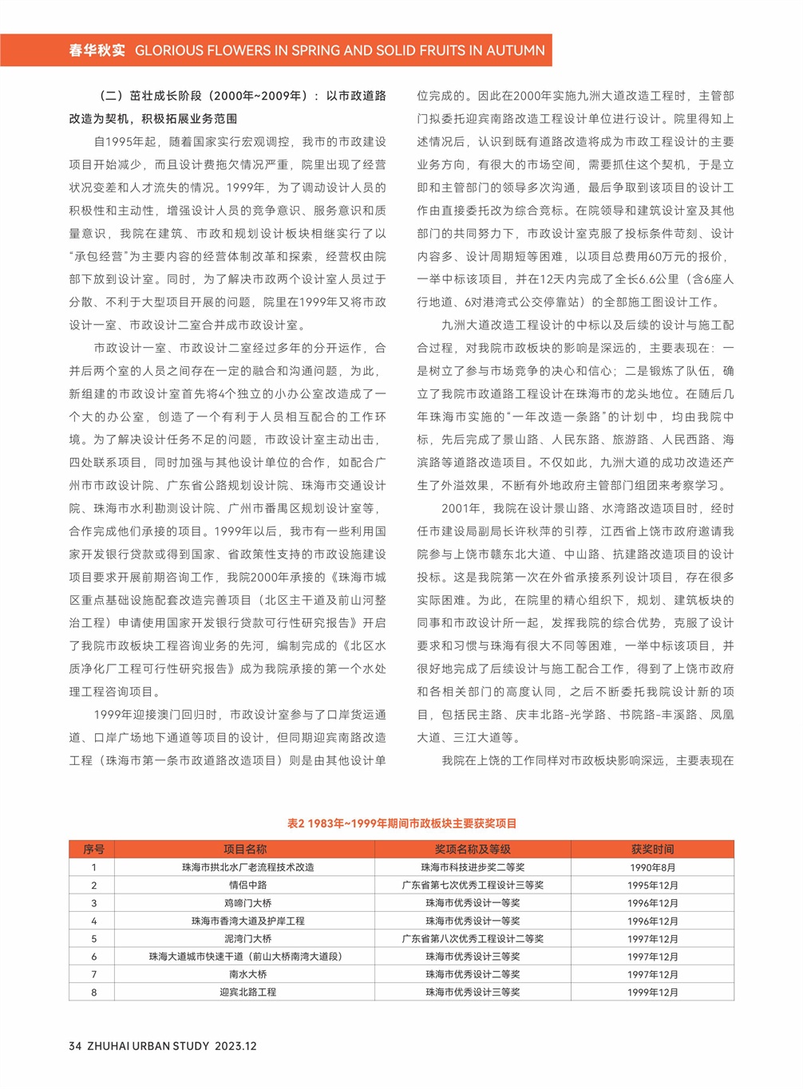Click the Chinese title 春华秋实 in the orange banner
(x=97, y=50)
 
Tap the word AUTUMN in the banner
(x=516, y=50)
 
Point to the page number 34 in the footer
(x=75, y=1046)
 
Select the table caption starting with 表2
(x=401, y=823)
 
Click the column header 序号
(x=93, y=850)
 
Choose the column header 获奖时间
(x=652, y=850)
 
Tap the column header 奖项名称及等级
(x=473, y=850)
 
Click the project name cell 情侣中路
(x=247, y=886)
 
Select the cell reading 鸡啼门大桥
(x=247, y=903)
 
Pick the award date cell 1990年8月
(x=652, y=868)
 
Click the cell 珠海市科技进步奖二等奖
(x=473, y=868)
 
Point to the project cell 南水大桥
(x=247, y=975)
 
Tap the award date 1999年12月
(x=652, y=992)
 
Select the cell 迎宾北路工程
(x=247, y=992)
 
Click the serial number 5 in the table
(x=93, y=939)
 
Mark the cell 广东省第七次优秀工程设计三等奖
(x=473, y=886)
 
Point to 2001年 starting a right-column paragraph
(x=461, y=508)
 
